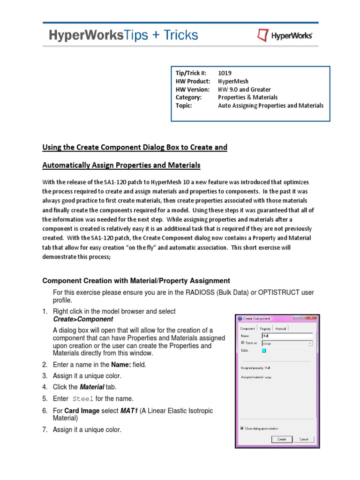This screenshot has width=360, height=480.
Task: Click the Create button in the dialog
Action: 281,439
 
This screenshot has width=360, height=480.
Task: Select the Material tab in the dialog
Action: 281,329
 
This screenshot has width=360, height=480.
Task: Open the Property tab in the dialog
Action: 265,329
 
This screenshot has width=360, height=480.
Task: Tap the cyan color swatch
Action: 264,350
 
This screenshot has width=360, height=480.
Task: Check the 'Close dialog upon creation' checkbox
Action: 242,428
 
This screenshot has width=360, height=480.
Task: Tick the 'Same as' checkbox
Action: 242,343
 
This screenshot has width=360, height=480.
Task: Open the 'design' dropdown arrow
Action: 310,343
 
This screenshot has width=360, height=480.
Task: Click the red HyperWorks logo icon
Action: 262,35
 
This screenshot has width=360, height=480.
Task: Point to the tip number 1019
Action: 225,73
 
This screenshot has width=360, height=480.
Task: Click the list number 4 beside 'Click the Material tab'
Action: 45,387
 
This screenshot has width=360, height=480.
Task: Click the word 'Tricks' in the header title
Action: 177,35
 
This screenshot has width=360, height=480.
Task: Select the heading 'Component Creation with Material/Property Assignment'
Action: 136,281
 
